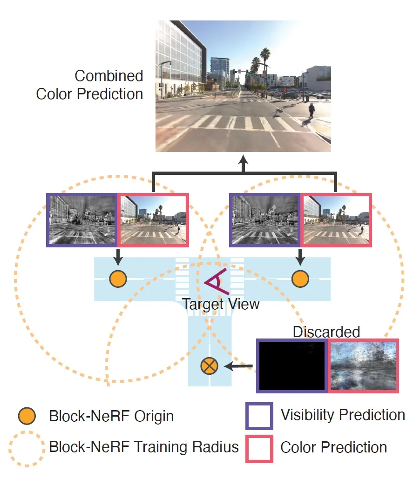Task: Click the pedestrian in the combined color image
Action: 311,110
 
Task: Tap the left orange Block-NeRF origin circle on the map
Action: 118,279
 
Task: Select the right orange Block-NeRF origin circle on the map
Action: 300,279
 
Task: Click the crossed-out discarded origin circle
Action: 210,366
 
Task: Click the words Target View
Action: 220,305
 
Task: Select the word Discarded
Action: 326,332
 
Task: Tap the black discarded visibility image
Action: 292,365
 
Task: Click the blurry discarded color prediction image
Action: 364,365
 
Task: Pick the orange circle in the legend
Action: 27,415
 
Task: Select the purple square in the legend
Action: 259,415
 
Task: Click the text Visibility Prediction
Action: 343,415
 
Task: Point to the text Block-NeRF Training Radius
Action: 144,447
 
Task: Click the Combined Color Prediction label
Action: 89,85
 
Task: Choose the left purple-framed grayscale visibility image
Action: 82,220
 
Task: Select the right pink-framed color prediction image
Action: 337,220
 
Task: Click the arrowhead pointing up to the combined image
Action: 244,160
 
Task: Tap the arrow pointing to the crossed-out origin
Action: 238,366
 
